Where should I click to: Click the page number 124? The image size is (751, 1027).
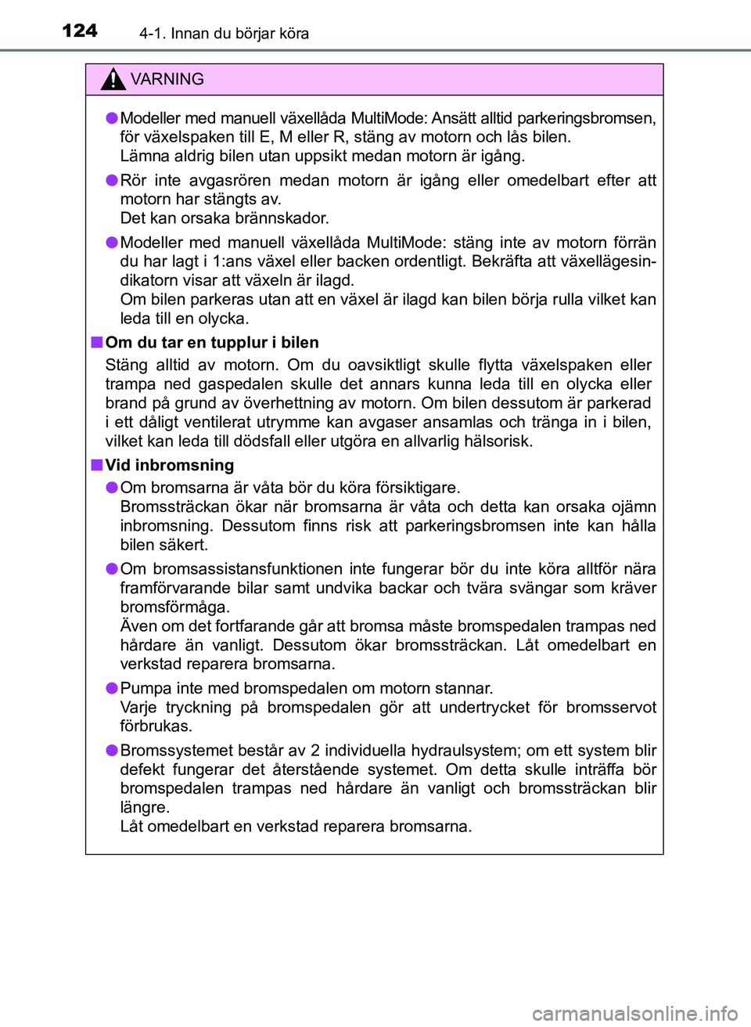(x=80, y=31)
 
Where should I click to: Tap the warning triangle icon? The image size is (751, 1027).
(x=113, y=79)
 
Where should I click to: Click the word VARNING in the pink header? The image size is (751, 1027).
(x=167, y=79)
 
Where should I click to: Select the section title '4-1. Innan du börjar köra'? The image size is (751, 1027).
(x=225, y=34)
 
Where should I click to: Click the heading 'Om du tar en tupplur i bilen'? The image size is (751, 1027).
(x=212, y=342)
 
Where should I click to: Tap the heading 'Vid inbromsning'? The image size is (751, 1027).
(x=170, y=465)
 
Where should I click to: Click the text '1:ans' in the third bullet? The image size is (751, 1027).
(x=233, y=261)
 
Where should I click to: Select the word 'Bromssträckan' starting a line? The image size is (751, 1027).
(x=174, y=506)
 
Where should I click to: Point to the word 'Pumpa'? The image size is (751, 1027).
(x=143, y=688)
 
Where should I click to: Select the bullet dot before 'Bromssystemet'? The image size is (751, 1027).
(x=113, y=750)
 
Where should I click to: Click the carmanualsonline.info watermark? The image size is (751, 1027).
(x=634, y=1014)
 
